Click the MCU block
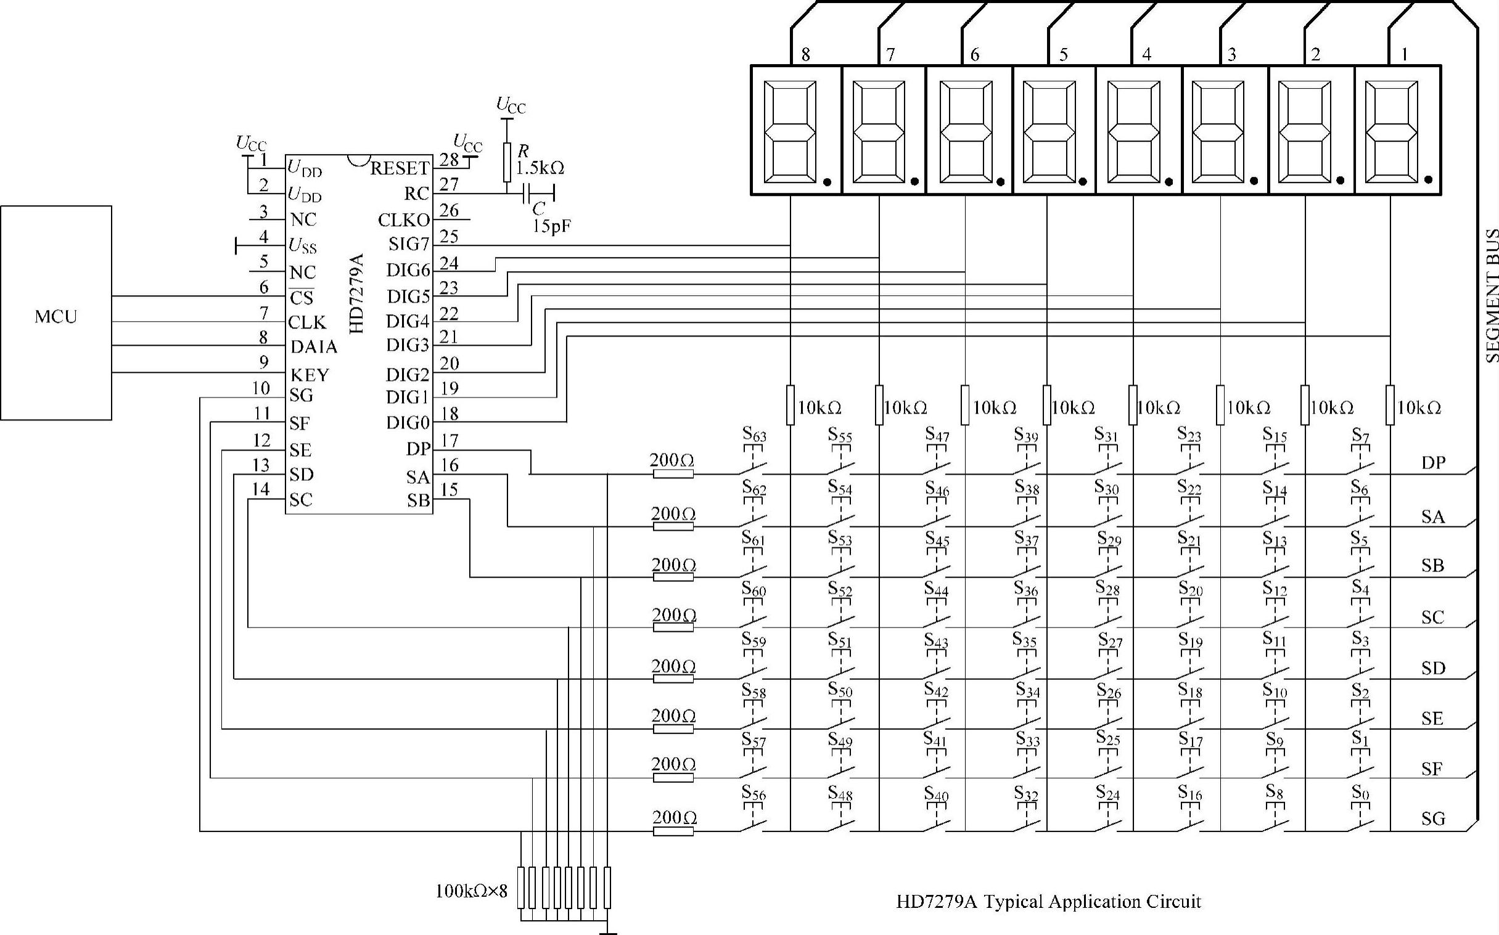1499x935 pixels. pos(56,313)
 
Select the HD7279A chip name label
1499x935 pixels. pos(357,294)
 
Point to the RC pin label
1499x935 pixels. pos(416,194)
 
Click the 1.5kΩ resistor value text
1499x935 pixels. pos(540,168)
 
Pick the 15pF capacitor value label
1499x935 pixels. pos(552,226)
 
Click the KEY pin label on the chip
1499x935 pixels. pos(310,375)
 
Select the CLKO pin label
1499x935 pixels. pos(404,220)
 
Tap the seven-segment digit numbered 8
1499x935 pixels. pos(796,131)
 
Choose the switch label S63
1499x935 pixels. pos(754,435)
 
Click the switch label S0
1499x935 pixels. pos(1360,793)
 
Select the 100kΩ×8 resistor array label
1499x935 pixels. pos(472,891)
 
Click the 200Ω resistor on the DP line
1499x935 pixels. pos(673,475)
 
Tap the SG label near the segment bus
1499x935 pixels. pos(1433,819)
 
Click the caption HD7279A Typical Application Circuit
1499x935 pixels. pos(1048,902)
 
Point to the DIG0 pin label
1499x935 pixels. pos(408,423)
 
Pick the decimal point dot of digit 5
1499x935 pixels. pos(1083,182)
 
